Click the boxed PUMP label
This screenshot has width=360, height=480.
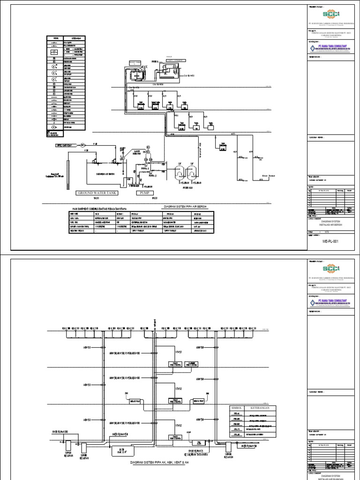(x=146, y=193)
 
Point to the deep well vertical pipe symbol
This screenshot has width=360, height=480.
(x=68, y=173)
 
